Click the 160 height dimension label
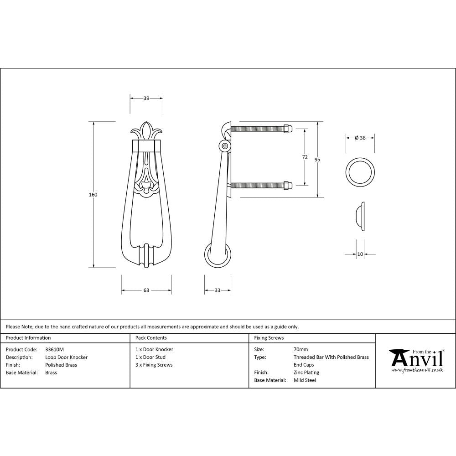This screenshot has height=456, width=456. click(x=93, y=195)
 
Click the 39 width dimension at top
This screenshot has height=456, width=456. click(x=146, y=98)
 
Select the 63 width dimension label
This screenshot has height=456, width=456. click(x=146, y=290)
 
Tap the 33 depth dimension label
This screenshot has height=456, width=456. click(x=217, y=290)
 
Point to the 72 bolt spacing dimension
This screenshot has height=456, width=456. click(x=305, y=157)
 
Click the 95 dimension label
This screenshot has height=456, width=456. click(x=317, y=160)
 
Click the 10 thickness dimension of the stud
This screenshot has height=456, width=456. click(x=360, y=254)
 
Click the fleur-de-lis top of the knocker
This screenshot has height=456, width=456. click(x=146, y=131)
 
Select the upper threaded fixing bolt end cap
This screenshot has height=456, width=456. click(x=287, y=129)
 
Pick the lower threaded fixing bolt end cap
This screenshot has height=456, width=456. click(x=287, y=185)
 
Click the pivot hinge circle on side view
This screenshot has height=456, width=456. click(x=224, y=146)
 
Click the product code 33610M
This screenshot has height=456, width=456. click(x=55, y=350)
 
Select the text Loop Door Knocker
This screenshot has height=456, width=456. click(x=66, y=358)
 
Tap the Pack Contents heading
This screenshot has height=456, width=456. click(x=151, y=338)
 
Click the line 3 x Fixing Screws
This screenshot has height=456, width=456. click(x=154, y=365)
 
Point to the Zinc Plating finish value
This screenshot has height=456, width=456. click(x=306, y=373)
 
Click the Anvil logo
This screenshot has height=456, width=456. click(x=416, y=360)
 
